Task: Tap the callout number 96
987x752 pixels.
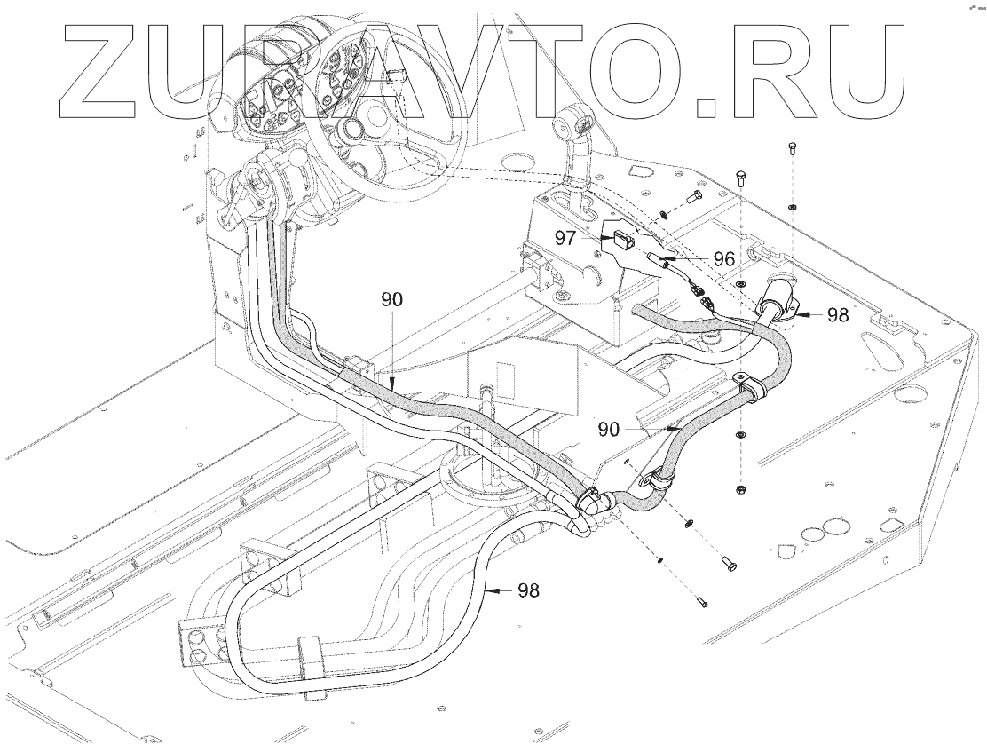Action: click(723, 259)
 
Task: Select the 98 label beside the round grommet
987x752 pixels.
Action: click(837, 314)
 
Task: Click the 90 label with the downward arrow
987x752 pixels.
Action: click(392, 300)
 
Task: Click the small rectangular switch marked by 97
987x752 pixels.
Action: click(620, 238)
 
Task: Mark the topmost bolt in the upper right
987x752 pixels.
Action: click(792, 147)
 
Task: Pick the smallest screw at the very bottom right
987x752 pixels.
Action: click(702, 603)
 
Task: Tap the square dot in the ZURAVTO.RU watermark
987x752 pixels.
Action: click(706, 106)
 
